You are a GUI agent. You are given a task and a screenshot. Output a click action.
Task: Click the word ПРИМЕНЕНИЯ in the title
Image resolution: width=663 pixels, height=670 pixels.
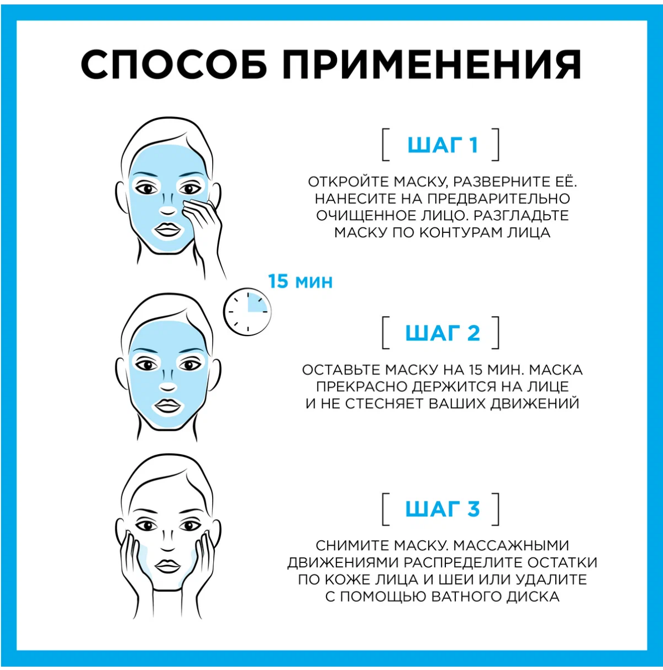[431, 64]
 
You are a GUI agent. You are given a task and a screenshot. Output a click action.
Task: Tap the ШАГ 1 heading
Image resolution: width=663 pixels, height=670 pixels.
[442, 145]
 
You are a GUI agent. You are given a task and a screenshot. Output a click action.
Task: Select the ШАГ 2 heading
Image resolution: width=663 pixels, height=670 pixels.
[442, 333]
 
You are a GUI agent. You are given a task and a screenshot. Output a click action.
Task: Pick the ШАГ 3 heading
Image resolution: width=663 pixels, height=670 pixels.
[442, 509]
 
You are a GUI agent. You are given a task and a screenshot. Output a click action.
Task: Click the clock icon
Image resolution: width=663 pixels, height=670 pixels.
[247, 311]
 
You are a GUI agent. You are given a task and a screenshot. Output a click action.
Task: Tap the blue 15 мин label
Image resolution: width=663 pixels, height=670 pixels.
[300, 281]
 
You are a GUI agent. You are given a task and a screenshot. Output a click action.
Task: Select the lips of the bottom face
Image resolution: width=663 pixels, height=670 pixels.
[167, 566]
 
